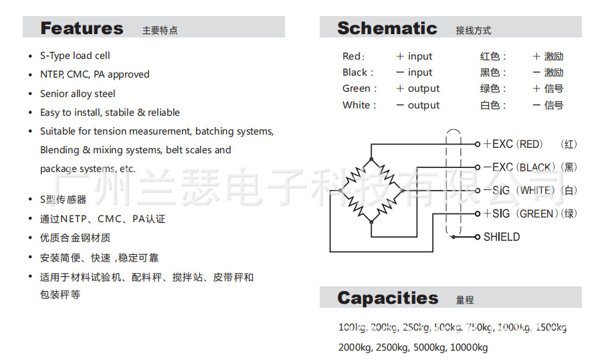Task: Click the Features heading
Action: click(82, 28)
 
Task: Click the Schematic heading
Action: click(387, 28)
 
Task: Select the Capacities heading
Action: click(387, 298)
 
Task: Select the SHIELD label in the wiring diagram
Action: click(502, 237)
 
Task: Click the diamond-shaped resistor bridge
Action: click(371, 191)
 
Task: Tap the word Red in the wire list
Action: click(352, 56)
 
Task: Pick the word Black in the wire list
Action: click(355, 72)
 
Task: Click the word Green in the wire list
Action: click(356, 88)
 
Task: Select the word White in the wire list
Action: click(356, 105)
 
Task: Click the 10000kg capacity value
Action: click(469, 347)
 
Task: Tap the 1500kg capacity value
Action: click(551, 327)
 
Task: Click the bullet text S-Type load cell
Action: click(75, 56)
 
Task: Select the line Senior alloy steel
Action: click(78, 94)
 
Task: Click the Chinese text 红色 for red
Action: click(490, 56)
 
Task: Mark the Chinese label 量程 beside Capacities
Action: click(465, 300)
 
